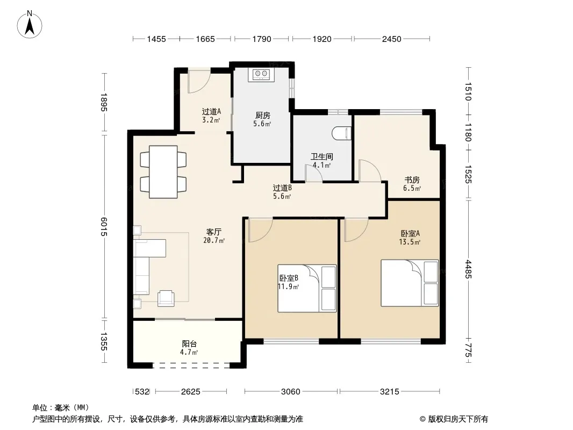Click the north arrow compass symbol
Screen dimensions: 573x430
(x=30, y=25)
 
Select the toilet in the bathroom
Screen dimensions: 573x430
(x=342, y=133)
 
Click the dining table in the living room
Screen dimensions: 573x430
(x=163, y=171)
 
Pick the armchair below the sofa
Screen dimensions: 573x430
(x=166, y=298)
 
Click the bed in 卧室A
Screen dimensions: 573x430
(x=410, y=283)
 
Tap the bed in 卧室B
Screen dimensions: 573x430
(x=307, y=288)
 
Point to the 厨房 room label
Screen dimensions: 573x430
(x=262, y=116)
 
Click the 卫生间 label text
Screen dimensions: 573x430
(x=321, y=157)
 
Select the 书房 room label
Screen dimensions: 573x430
(x=412, y=180)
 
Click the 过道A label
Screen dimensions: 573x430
(x=211, y=111)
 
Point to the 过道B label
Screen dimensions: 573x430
(x=282, y=188)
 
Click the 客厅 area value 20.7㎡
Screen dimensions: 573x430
(x=214, y=240)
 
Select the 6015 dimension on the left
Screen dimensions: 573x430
(x=104, y=227)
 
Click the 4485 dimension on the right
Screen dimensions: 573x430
(x=469, y=269)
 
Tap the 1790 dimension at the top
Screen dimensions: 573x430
(x=262, y=39)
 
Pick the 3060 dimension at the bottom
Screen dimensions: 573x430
(x=290, y=392)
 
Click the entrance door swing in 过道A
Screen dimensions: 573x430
(x=199, y=81)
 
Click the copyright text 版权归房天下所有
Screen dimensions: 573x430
(x=458, y=419)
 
